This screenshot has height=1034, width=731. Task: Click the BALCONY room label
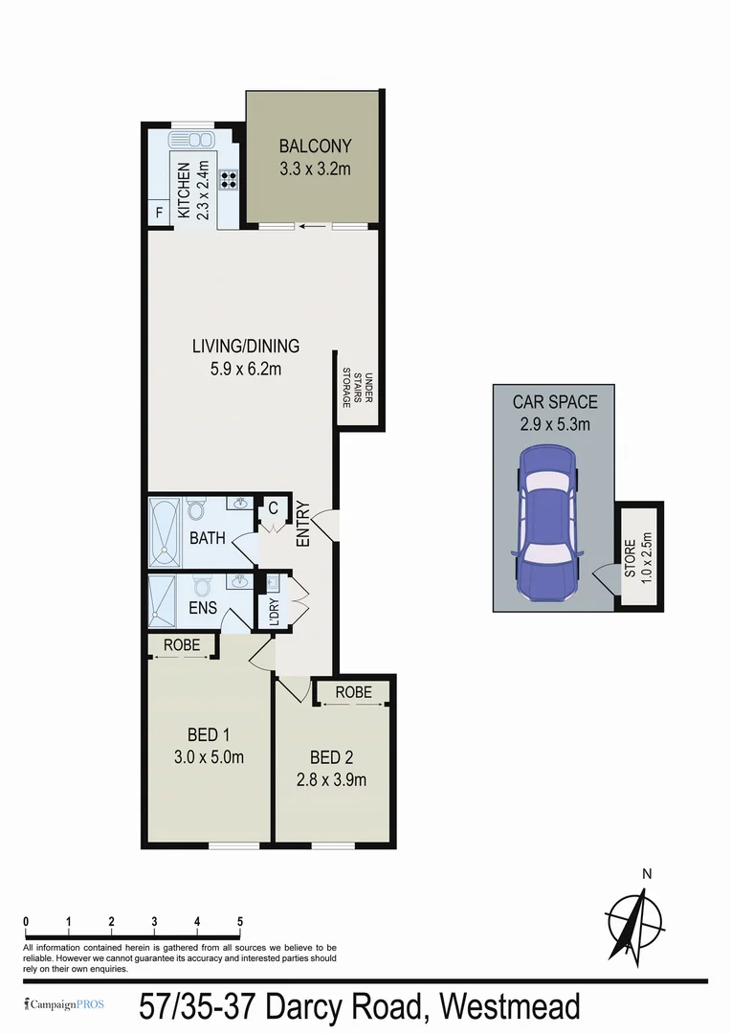pos(315,146)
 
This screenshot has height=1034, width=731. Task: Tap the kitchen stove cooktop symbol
pos(229,178)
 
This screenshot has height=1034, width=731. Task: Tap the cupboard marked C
pos(273,507)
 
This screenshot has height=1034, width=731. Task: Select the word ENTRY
pos(303,524)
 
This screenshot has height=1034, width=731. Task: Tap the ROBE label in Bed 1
pos(182,646)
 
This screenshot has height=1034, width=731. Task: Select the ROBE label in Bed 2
pos(354,692)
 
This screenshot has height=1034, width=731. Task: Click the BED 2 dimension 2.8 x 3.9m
pos(331,779)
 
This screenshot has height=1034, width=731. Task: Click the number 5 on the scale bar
pos(239,921)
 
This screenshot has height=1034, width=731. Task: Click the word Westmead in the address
pos(510,1007)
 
